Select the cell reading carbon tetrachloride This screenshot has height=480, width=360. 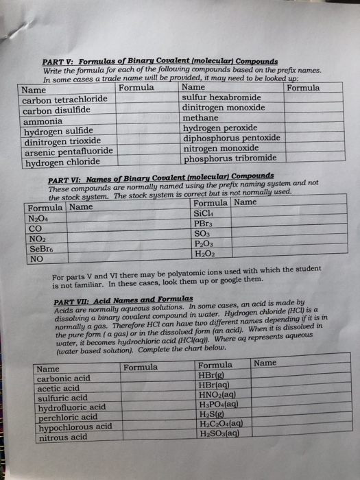click(63, 100)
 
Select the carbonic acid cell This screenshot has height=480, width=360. click(64, 378)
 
